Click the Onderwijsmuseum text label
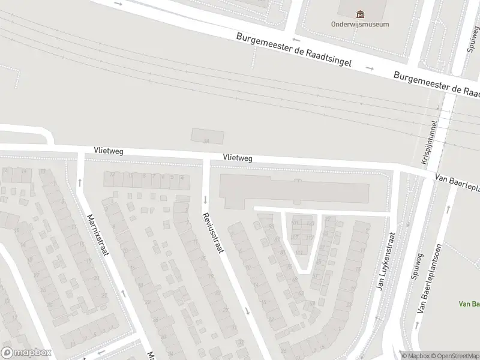(x=360, y=25)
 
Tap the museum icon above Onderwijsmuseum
(x=360, y=14)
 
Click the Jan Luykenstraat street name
(x=386, y=262)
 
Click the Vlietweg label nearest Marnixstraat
(x=108, y=151)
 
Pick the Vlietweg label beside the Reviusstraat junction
(x=237, y=157)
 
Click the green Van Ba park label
(x=469, y=304)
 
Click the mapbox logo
(x=26, y=352)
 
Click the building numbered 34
(x=207, y=137)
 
